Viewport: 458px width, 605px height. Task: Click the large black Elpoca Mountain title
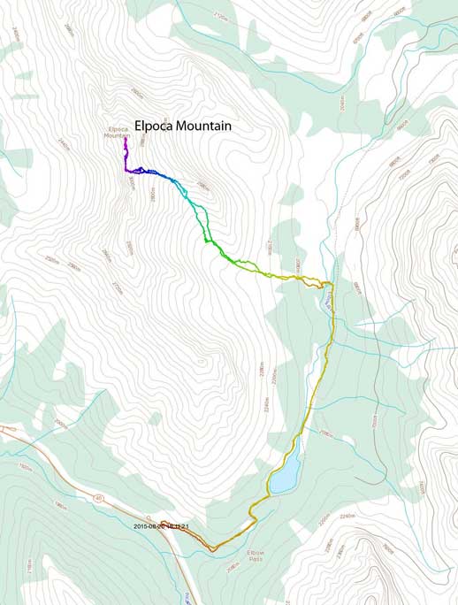(x=182, y=126)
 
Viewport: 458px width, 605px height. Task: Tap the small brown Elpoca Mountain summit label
(x=115, y=133)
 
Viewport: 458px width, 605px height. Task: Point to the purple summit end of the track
(x=126, y=140)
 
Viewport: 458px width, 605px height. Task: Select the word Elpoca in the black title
(x=152, y=126)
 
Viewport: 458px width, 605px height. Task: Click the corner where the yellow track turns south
(x=332, y=285)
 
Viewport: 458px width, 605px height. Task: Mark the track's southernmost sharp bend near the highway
(x=212, y=548)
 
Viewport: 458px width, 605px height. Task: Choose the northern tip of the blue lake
(x=298, y=436)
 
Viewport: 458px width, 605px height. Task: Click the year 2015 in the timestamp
(x=141, y=526)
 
